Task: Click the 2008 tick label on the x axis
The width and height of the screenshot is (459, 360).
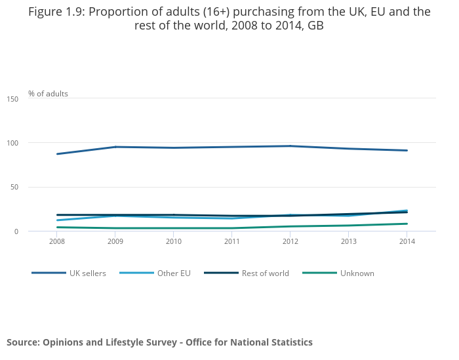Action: [57, 241]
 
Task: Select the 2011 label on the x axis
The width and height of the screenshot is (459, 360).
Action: [232, 241]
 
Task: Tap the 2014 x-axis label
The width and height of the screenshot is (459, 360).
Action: [407, 241]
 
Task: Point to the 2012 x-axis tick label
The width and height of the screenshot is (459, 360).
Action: [290, 241]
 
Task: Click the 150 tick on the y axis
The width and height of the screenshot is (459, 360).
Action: [12, 99]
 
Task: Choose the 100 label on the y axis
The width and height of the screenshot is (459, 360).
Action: [12, 143]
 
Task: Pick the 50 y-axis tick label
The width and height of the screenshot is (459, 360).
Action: [14, 187]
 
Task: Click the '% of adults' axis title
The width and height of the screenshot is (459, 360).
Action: [48, 94]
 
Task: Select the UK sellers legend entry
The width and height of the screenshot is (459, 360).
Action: [87, 273]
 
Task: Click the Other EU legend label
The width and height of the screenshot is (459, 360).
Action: [174, 273]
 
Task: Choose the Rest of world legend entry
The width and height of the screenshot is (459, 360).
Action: [265, 273]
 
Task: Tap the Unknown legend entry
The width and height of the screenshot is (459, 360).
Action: [357, 273]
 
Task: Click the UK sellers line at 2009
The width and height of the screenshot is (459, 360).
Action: [115, 147]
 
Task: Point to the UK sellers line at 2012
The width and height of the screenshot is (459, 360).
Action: [290, 146]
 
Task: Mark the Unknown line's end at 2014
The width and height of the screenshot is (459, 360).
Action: [407, 224]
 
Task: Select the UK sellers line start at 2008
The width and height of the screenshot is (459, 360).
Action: [57, 154]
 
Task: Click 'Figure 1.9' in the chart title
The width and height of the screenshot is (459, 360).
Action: [55, 12]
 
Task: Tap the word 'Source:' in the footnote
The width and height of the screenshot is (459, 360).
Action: [22, 342]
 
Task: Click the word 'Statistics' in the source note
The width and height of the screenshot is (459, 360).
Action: [289, 342]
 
